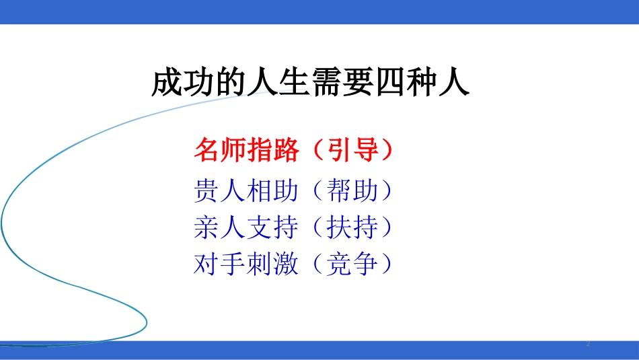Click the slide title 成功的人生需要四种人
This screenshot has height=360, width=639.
coord(311,84)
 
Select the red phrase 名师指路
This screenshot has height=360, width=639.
coord(246,151)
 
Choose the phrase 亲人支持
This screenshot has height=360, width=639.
coord(246,228)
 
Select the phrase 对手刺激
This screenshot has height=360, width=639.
coord(246,264)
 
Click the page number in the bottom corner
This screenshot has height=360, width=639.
coord(589,344)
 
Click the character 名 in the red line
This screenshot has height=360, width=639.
coord(206,151)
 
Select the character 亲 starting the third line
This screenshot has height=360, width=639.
coord(206,228)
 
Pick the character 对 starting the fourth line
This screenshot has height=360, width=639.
coord(206,264)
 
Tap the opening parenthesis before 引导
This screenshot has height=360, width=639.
coord(312,151)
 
